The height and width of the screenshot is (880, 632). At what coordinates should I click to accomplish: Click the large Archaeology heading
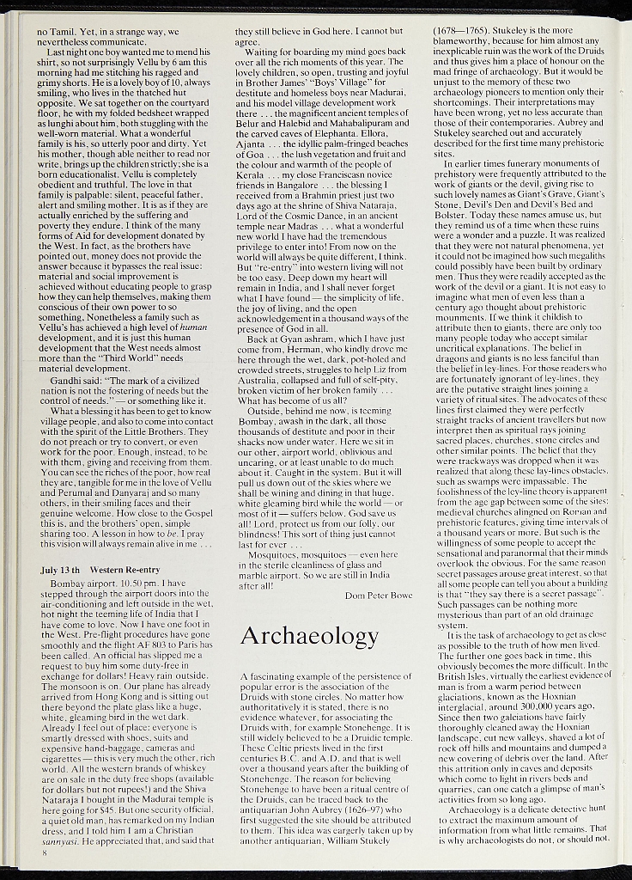coord(309,636)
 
